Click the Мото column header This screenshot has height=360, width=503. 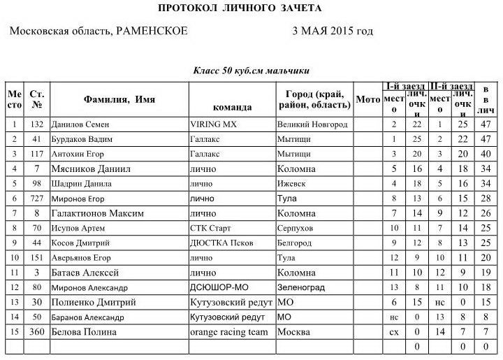[x=367, y=99]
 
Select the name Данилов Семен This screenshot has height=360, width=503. [x=81, y=124]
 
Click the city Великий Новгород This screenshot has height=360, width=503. [x=312, y=124]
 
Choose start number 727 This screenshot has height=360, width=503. [x=38, y=199]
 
